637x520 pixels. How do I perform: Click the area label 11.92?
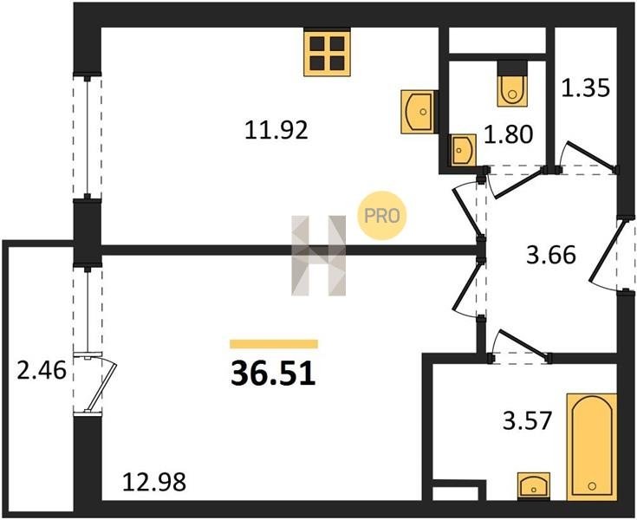(x=276, y=131)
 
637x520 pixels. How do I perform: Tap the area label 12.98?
(x=154, y=482)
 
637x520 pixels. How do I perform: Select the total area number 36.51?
(x=273, y=374)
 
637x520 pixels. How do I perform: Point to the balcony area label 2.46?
(x=42, y=371)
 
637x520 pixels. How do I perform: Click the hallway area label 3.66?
(x=551, y=256)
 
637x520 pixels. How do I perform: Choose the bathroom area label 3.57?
(x=527, y=420)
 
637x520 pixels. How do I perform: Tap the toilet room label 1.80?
(x=508, y=134)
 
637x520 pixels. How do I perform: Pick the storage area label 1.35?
(x=585, y=88)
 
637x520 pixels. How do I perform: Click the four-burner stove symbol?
(x=327, y=53)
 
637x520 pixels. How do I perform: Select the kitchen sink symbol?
(x=419, y=112)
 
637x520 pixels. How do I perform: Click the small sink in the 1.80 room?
(x=463, y=150)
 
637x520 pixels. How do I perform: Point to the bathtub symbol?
(x=592, y=446)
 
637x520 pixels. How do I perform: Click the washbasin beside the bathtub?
(x=533, y=485)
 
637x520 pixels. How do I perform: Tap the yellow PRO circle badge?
(x=381, y=215)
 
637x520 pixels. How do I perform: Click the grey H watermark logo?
(x=319, y=256)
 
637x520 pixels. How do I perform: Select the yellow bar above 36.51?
(x=274, y=344)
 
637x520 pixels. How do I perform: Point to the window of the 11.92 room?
(x=87, y=137)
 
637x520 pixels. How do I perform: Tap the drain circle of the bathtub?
(x=592, y=486)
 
